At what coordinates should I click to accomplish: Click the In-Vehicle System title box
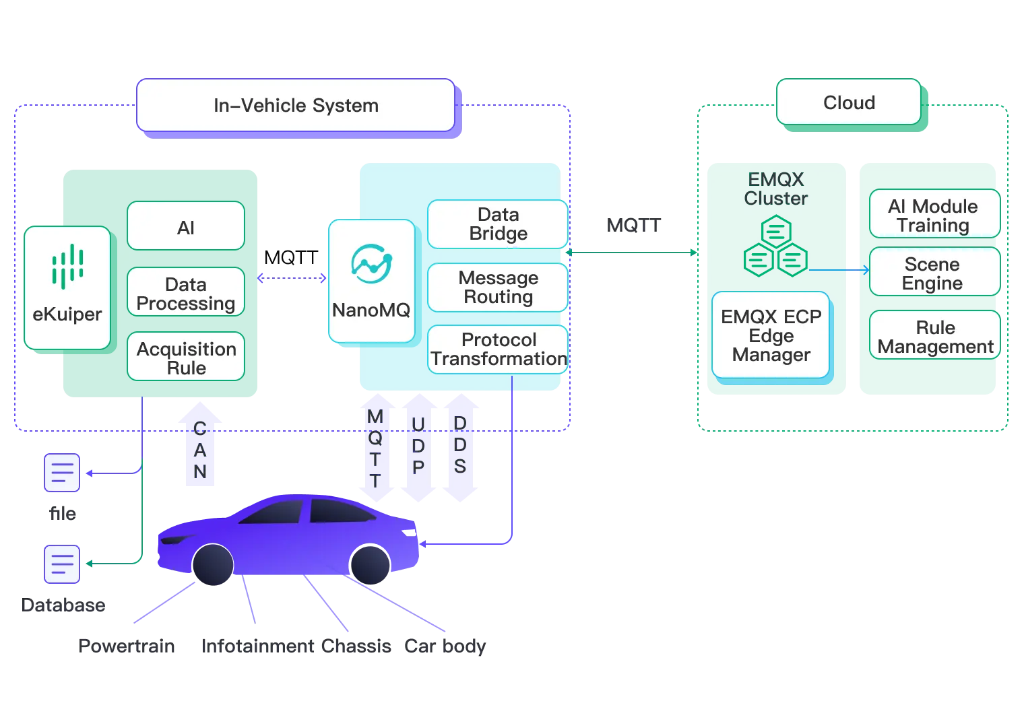point(296,105)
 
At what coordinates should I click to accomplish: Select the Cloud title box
point(849,102)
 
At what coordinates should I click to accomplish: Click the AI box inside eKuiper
point(186,227)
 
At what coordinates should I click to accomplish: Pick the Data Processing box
point(186,293)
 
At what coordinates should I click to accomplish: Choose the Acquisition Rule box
point(186,358)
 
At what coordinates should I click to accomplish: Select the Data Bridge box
point(498,224)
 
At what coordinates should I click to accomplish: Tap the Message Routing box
point(498,288)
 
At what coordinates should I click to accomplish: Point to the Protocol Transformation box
point(498,349)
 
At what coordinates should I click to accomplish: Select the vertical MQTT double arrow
point(375,448)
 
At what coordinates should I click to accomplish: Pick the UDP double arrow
point(418,448)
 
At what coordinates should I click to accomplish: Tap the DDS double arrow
point(460,448)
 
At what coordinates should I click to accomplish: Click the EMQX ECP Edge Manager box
point(771,335)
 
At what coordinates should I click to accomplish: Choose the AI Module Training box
point(933,215)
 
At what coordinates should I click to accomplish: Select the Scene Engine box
point(933,273)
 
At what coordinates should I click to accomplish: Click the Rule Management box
point(935,336)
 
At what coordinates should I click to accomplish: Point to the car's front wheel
point(213,564)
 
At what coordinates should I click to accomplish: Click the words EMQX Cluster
point(776,189)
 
